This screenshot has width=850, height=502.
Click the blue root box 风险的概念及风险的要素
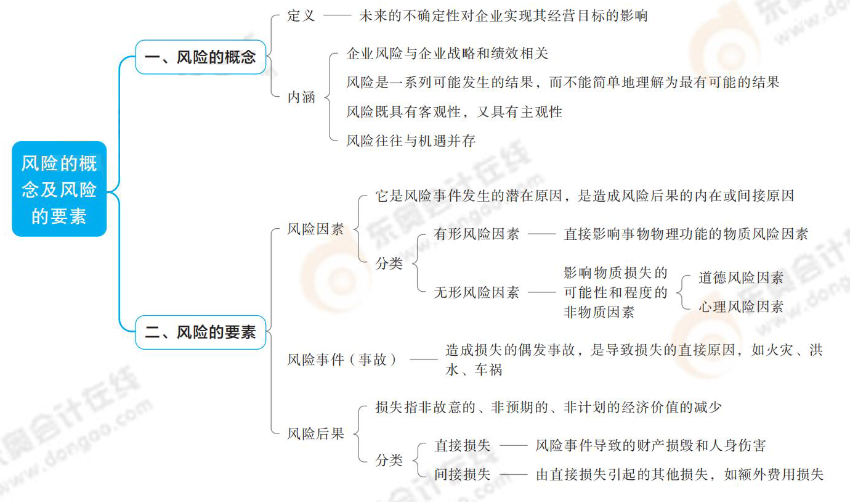pos(59,189)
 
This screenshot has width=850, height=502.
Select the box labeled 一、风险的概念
pos(200,57)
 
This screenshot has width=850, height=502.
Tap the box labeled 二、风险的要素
pos(200,332)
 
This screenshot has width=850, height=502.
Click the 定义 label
pos(301,16)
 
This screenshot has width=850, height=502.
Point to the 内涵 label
pos(301,97)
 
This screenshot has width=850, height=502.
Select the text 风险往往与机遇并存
pos(411,141)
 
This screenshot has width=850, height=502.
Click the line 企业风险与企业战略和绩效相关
pos(447,54)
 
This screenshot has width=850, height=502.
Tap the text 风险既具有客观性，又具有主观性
pos(454,112)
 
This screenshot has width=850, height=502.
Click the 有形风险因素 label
pos(477,234)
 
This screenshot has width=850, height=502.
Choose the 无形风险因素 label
pos(477,292)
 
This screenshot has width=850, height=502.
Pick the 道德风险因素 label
pos(741,278)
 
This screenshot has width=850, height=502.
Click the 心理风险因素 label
pos(741,307)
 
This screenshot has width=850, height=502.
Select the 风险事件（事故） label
pos(342,359)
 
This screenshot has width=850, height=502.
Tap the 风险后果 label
pos(316,433)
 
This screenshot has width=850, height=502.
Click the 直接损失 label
pos(463,445)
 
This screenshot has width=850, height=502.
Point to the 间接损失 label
pos(463,474)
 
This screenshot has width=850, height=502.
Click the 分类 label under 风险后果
pos(389,460)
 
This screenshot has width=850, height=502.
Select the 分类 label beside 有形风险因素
pos(389,263)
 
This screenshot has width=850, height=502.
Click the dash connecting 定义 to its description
pos(338,16)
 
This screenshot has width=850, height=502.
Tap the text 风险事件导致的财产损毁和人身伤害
pos(651,445)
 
